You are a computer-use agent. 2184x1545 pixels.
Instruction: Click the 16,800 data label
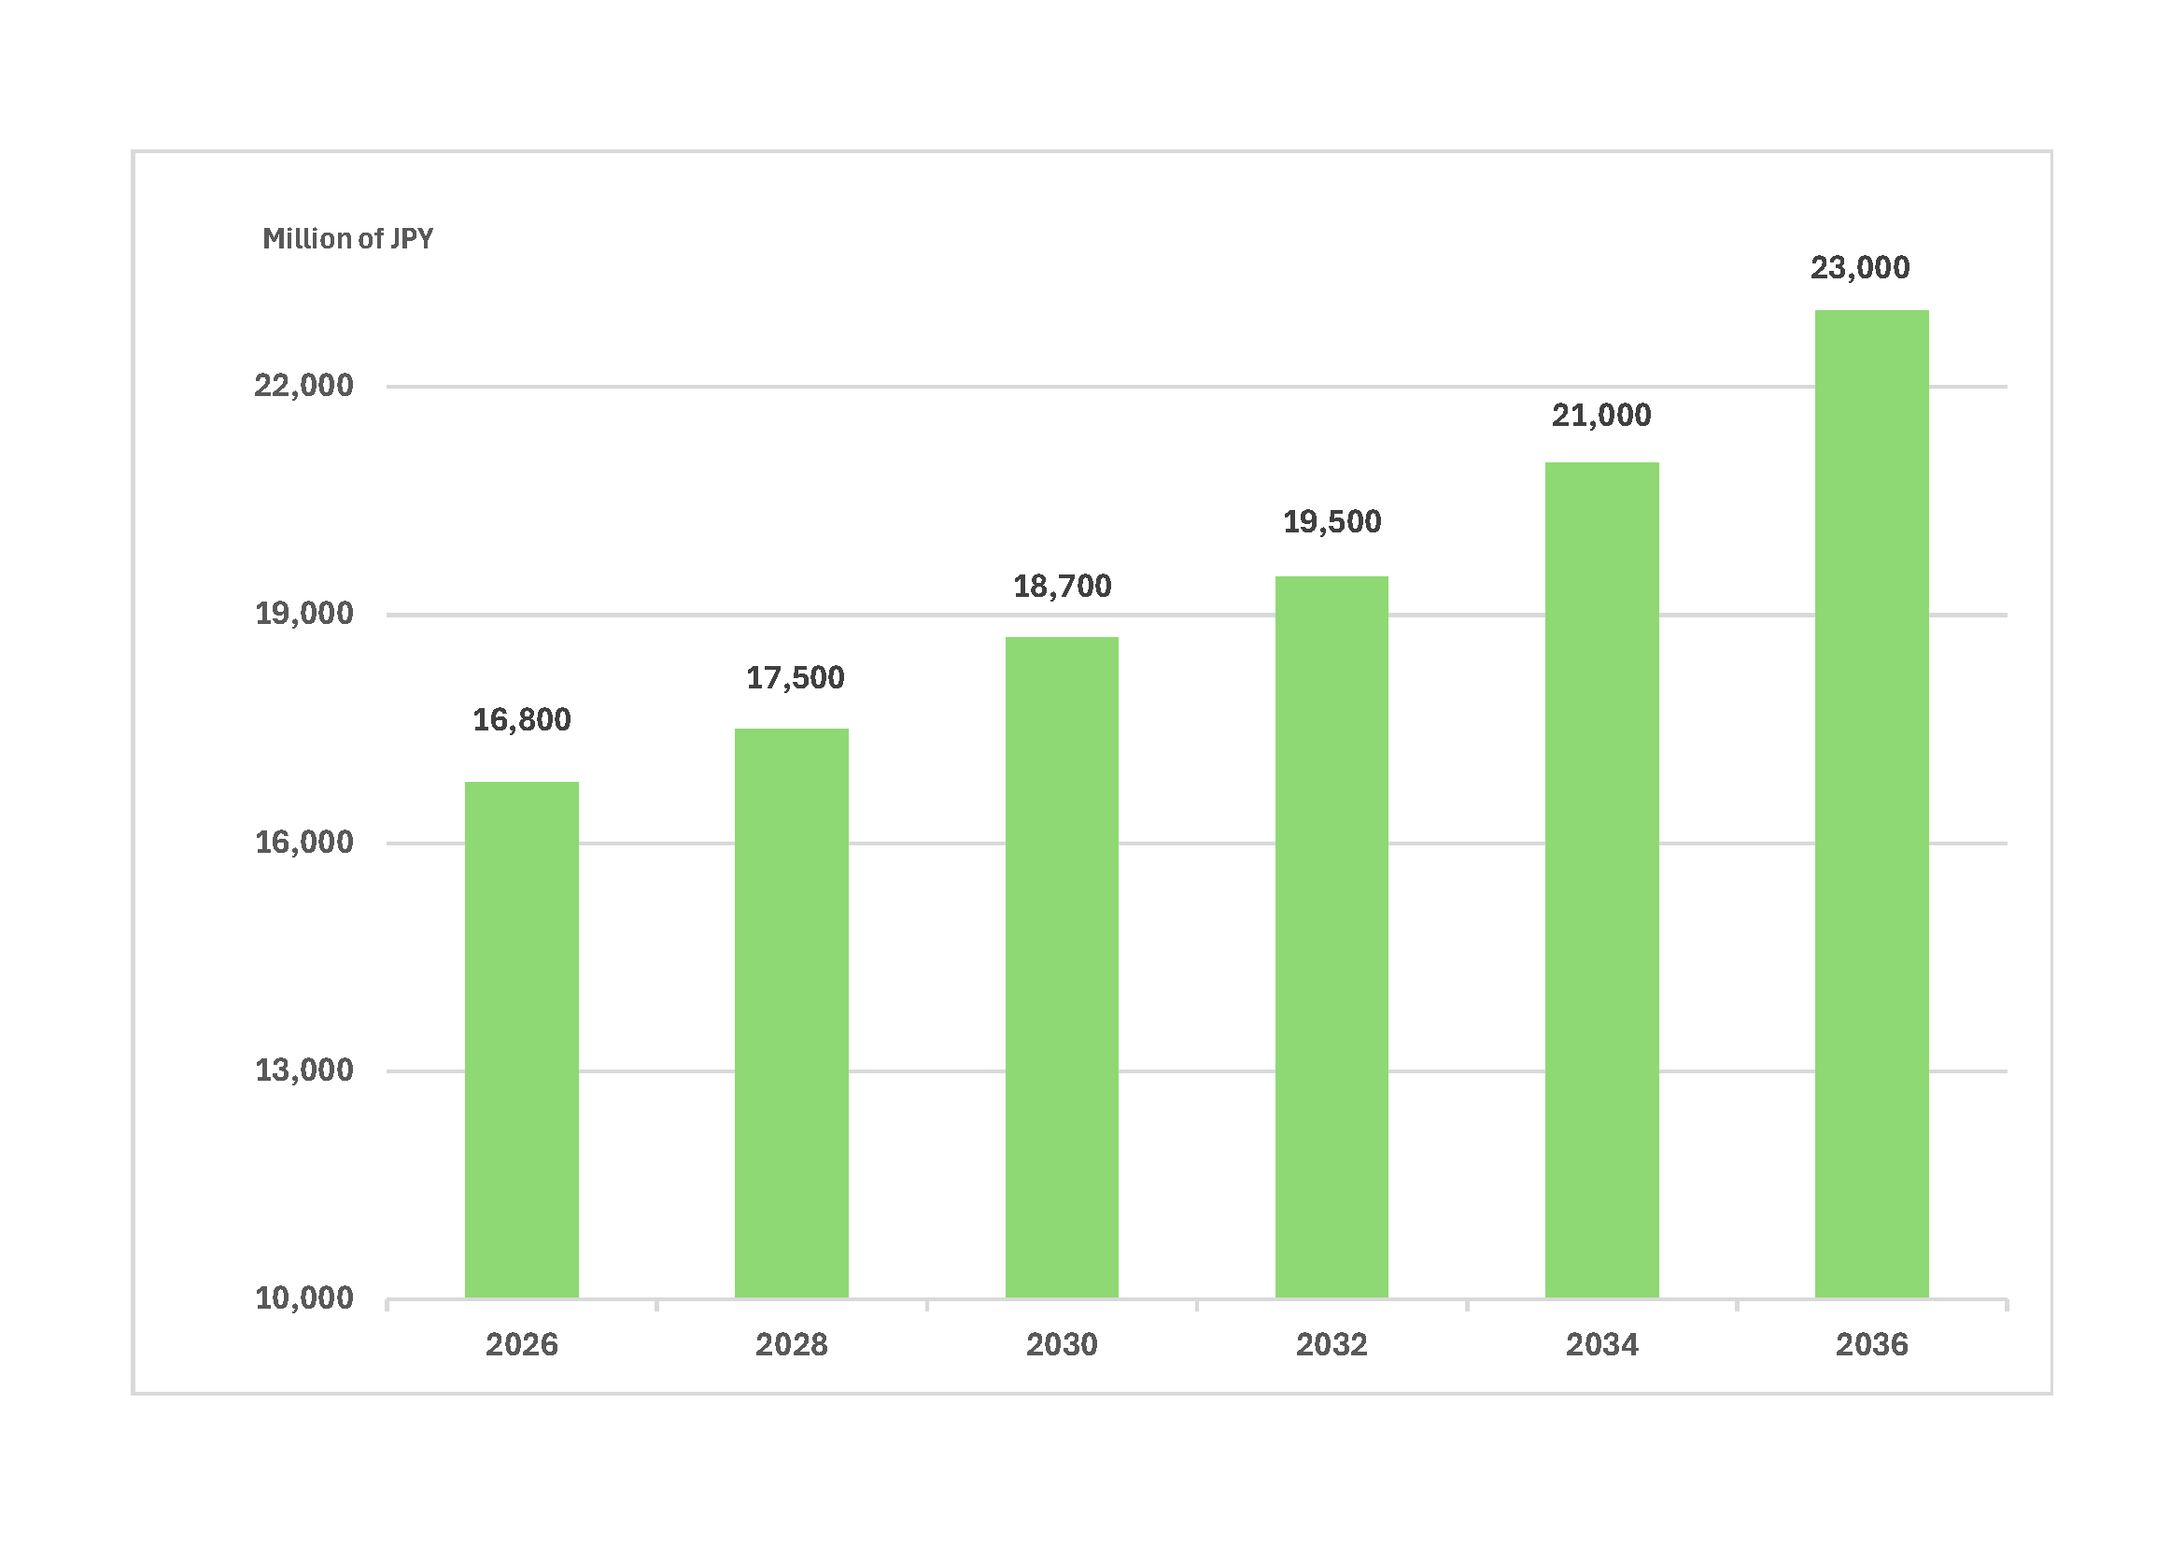(x=521, y=720)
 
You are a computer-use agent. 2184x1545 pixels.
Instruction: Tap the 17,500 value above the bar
(x=795, y=678)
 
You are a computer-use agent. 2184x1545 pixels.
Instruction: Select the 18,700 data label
(x=1062, y=587)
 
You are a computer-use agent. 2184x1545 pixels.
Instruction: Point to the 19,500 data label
(x=1332, y=522)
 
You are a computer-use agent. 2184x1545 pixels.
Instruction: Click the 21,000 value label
(x=1602, y=416)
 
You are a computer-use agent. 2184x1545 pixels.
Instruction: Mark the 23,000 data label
(x=1860, y=268)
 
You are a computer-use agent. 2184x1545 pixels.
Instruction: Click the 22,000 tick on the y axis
(x=303, y=387)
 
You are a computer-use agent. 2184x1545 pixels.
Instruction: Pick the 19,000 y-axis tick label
(x=303, y=615)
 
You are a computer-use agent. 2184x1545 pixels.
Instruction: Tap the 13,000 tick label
(x=303, y=1071)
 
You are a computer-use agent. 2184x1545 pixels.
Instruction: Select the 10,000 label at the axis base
(x=303, y=1298)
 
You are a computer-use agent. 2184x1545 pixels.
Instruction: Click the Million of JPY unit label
(x=347, y=239)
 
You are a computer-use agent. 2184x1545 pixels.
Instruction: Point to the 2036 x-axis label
(x=1871, y=1345)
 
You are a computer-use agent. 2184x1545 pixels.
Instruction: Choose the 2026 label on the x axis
(x=521, y=1345)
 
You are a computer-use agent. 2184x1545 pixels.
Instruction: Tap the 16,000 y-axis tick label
(x=303, y=843)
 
